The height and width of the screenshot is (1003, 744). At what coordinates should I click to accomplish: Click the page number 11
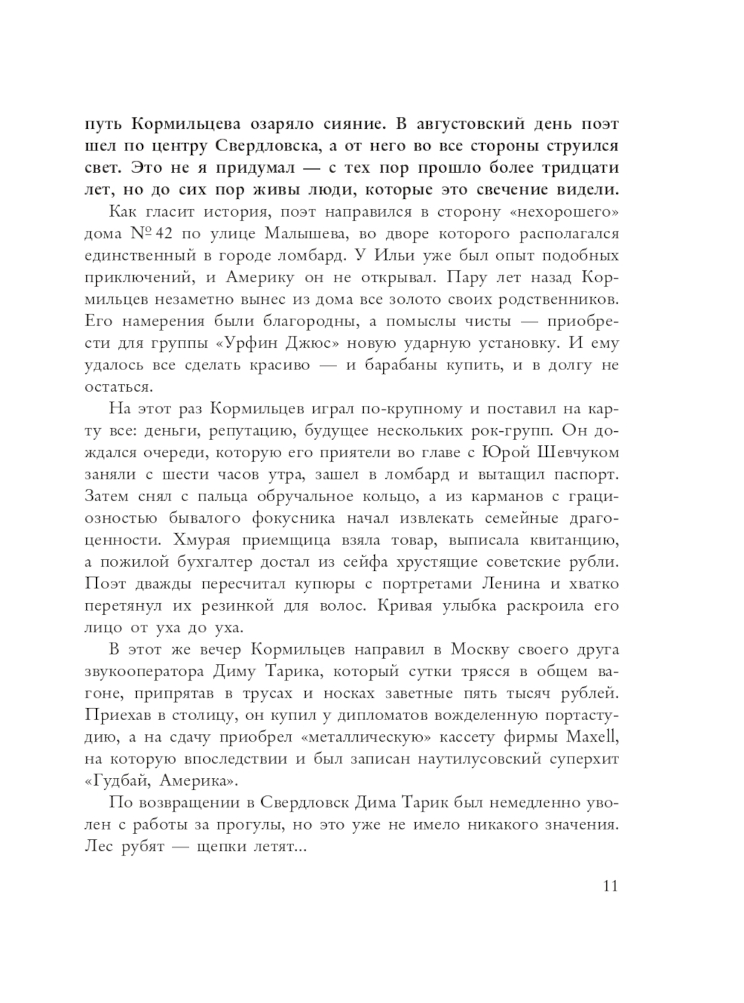610,885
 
